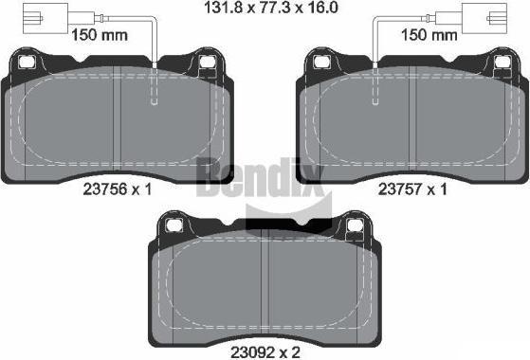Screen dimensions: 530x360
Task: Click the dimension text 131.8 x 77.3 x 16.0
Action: point(271,8)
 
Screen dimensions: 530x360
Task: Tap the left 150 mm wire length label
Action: point(100,35)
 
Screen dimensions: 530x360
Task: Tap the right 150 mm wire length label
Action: point(429,35)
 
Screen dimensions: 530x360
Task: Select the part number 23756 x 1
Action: point(118,189)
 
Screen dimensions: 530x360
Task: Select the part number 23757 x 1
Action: point(412,189)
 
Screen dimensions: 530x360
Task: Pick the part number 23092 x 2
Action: point(265,352)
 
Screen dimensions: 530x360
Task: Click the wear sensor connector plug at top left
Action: point(46,18)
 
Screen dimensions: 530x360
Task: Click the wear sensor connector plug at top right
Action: point(484,18)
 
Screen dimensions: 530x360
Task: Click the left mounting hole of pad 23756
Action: point(26,62)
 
